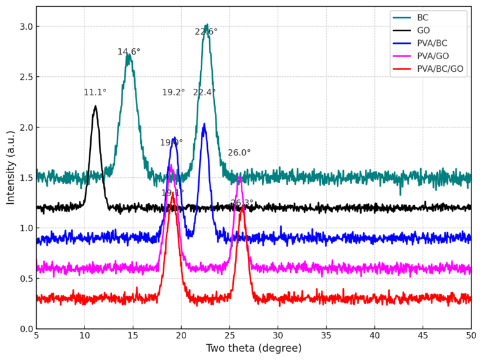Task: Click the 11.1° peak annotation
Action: [x=95, y=93]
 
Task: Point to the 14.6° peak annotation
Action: [x=129, y=52]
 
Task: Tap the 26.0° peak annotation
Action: [x=239, y=153]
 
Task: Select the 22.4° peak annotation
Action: [x=204, y=93]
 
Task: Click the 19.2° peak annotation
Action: [x=173, y=93]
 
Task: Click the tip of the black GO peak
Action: [x=95, y=106]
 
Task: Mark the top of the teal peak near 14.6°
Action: [x=128, y=55]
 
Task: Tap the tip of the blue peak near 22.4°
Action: [x=204, y=124]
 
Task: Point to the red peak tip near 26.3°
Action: [x=242, y=205]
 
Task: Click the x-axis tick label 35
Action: [x=326, y=335]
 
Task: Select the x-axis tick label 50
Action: [x=471, y=335]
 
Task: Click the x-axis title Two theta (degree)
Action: [x=254, y=349]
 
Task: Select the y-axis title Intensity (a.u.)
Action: [x=11, y=168]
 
